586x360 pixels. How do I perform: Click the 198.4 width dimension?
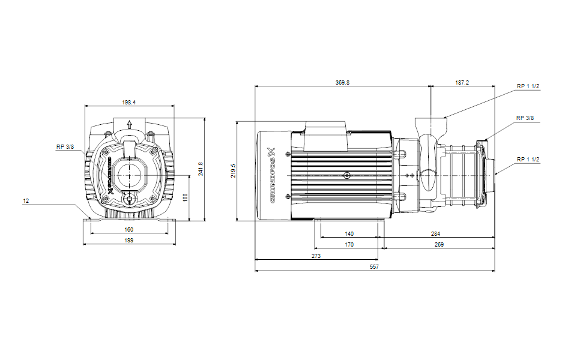[x=129, y=103]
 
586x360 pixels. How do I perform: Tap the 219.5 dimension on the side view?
[x=234, y=170]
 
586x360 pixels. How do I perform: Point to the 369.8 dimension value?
[x=342, y=83]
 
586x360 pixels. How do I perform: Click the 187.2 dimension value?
[x=462, y=83]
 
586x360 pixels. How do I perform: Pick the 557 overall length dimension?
[x=375, y=266]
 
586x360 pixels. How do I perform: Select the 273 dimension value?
[x=316, y=256]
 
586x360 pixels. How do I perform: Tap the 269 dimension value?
[x=439, y=244]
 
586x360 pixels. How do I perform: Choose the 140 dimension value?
[x=349, y=233]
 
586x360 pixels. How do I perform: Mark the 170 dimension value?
[x=349, y=244]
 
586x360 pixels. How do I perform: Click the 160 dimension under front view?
[x=129, y=229]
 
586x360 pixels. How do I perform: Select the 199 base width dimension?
[x=129, y=240]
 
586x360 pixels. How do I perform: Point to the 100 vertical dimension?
[x=186, y=197]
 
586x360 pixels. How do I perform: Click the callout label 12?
[x=26, y=202]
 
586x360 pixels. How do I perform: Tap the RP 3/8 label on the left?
[x=65, y=146]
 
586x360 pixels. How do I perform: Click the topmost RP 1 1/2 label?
[x=528, y=86]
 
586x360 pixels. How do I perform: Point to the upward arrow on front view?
[x=129, y=125]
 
